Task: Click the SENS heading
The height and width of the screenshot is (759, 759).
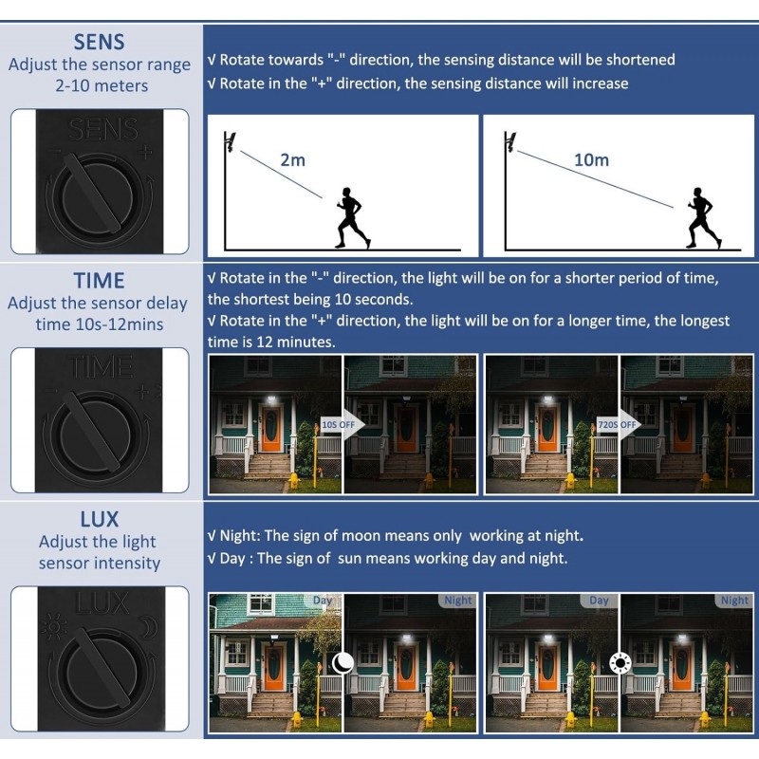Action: [99, 42]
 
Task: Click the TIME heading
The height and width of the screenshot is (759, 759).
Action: [100, 281]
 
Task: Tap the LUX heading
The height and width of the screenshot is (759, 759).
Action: [100, 519]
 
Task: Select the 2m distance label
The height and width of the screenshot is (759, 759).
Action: [293, 159]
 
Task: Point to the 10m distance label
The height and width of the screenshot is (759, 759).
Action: [591, 159]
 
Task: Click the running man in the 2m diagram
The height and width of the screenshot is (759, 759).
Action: [352, 218]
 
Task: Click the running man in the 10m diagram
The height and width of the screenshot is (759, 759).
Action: [703, 218]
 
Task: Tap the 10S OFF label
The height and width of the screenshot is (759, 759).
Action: [339, 424]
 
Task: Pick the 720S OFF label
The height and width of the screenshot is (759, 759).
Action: [618, 424]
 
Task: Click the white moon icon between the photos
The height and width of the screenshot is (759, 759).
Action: [342, 663]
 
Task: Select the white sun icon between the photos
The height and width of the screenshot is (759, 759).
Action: [620, 663]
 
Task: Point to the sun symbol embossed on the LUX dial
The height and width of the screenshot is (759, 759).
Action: [54, 626]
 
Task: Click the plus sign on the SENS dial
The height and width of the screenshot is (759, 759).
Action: [145, 153]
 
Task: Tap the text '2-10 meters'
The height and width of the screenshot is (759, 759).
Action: [102, 86]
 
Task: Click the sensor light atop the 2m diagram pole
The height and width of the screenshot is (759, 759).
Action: [231, 141]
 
